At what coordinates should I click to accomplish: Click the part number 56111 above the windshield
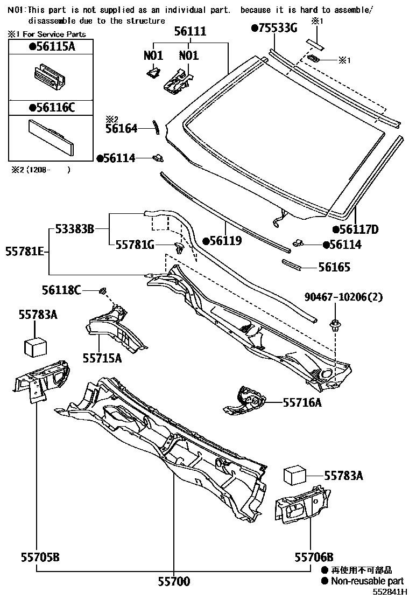(x=189, y=32)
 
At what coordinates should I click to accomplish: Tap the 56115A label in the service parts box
(x=52, y=47)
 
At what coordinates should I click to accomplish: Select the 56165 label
(x=334, y=267)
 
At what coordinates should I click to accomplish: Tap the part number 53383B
(x=74, y=229)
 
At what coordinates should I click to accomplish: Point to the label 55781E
(x=24, y=251)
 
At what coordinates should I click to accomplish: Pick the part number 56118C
(x=61, y=291)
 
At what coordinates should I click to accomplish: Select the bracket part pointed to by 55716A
(x=245, y=400)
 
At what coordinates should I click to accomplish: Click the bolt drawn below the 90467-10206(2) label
(x=335, y=324)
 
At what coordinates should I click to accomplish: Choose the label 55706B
(x=314, y=557)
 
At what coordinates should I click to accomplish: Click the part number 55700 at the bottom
(x=173, y=581)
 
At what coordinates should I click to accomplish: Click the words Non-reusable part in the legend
(x=367, y=581)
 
